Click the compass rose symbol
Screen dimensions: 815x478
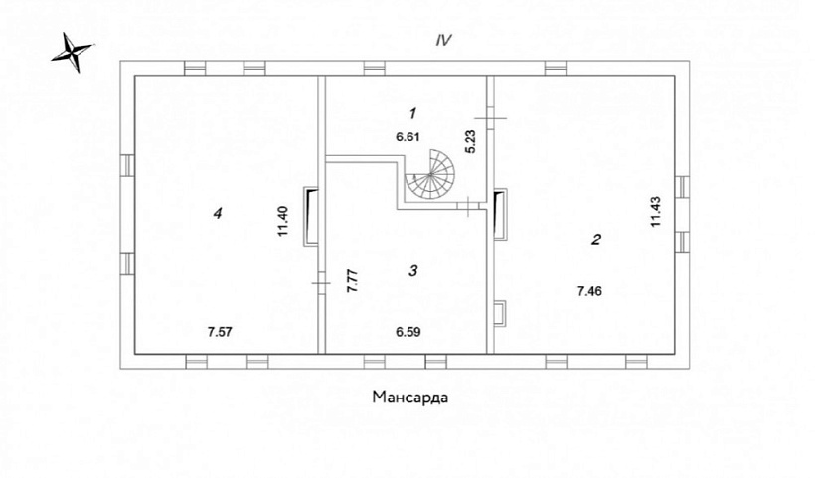(x=73, y=53)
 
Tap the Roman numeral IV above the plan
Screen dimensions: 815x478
(x=444, y=40)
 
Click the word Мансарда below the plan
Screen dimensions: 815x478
(x=410, y=398)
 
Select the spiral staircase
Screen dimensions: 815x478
(x=430, y=175)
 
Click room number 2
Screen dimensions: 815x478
(x=596, y=239)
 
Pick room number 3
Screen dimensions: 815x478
(x=413, y=270)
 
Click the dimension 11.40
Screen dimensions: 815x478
(x=282, y=222)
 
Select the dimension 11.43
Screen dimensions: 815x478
(x=655, y=211)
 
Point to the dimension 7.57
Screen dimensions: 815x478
(x=220, y=332)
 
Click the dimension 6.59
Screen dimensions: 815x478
(x=408, y=332)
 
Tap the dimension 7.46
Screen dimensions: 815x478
(x=590, y=291)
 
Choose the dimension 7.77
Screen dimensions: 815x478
(x=352, y=282)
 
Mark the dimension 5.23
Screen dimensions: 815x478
(x=470, y=141)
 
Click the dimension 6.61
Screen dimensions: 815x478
(x=407, y=137)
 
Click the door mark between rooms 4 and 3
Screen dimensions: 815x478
(x=321, y=283)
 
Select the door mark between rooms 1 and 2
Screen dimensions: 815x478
(x=490, y=118)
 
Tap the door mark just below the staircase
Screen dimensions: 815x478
(x=468, y=206)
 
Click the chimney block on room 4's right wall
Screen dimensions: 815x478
(x=311, y=216)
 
